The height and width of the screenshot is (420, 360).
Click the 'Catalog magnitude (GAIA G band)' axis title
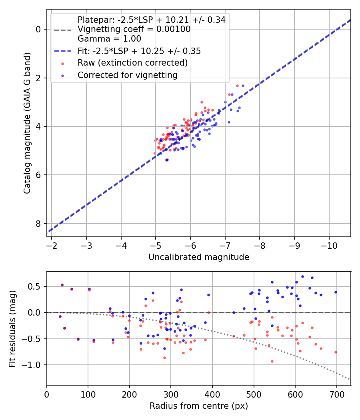27,123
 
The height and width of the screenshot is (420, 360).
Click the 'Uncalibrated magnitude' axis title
199,257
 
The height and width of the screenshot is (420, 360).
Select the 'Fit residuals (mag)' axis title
12,329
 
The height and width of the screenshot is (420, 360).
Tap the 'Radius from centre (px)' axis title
199,406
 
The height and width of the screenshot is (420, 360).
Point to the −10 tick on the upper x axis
329,246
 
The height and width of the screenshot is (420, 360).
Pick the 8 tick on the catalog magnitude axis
38,223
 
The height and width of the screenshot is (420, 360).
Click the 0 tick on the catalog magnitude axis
38,29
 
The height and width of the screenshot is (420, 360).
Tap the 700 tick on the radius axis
336,394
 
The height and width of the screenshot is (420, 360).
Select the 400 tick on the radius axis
212,394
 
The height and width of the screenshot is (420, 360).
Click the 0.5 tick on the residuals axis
34,286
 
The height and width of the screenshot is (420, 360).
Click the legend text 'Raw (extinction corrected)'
132,63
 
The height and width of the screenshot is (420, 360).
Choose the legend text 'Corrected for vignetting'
128,75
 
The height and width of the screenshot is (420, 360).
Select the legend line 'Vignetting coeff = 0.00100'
134,29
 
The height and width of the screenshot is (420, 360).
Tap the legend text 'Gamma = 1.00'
109,38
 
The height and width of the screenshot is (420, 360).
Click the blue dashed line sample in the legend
63,51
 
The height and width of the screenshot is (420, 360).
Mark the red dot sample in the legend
63,64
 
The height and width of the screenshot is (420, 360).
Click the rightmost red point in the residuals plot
336,352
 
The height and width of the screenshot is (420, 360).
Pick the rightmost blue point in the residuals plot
336,292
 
